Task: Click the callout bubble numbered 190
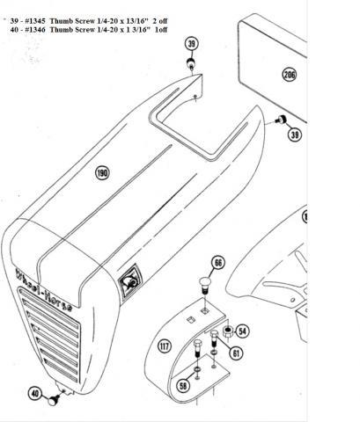point(102,172)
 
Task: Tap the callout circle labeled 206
point(290,74)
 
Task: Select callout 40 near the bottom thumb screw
point(35,393)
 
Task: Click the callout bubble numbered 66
point(218,263)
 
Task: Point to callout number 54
point(242,331)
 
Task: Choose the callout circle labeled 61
point(236,353)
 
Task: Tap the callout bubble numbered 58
point(183,386)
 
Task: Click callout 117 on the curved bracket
point(165,346)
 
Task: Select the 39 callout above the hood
point(192,44)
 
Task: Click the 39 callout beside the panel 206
point(295,135)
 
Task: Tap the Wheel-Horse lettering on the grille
point(44,290)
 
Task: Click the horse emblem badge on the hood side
point(129,280)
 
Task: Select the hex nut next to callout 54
point(228,331)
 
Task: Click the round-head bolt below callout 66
point(204,286)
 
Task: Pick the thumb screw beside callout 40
point(54,400)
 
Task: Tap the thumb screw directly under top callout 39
point(191,63)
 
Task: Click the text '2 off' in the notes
point(162,21)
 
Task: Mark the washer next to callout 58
point(197,368)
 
